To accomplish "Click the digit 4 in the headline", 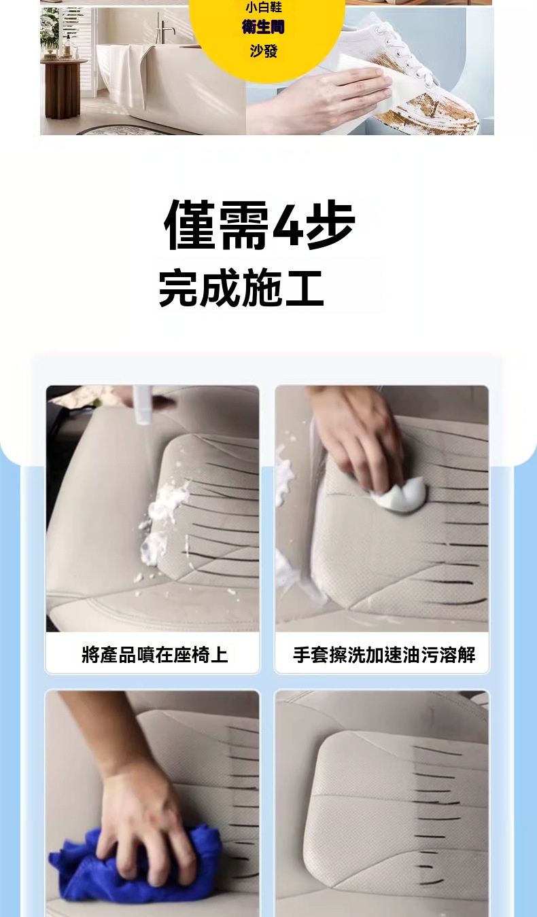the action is tap(288, 224).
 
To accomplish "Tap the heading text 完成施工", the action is tap(241, 287).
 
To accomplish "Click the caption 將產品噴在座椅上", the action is tap(154, 654).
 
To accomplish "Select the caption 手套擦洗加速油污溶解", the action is tap(384, 655).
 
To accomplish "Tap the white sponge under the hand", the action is tap(400, 495).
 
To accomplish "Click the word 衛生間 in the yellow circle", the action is tap(263, 27).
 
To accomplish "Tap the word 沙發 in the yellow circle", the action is tap(264, 51).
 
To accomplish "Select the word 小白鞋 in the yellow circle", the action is tap(264, 7).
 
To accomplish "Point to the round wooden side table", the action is tap(63, 87).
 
